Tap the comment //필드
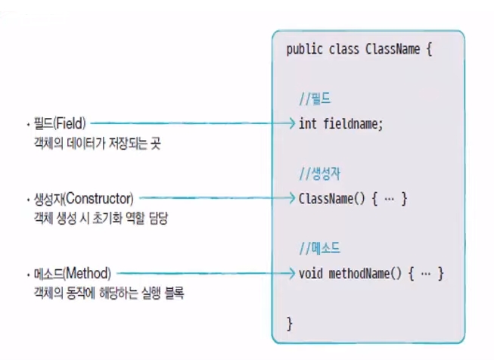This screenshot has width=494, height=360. pyautogui.click(x=315, y=99)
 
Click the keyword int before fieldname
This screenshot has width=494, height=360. pyautogui.click(x=308, y=123)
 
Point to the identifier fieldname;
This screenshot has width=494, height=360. pyautogui.click(x=353, y=123)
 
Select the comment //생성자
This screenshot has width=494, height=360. pyautogui.click(x=320, y=173)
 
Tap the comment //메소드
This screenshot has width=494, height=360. pyautogui.click(x=320, y=247)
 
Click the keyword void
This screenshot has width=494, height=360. pyautogui.click(x=311, y=272)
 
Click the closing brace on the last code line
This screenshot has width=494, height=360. pyautogui.click(x=289, y=323)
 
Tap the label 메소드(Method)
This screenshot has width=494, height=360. pyautogui.click(x=73, y=272)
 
